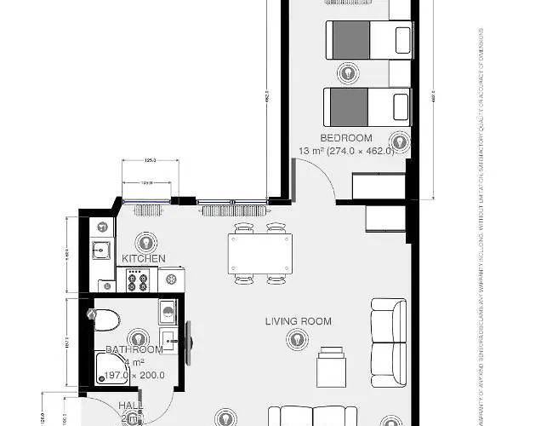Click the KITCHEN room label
coord(144,258)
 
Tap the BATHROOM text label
coord(134,349)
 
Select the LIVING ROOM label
coord(298,321)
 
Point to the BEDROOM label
coord(346,138)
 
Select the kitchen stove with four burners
coord(138,280)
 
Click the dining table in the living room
coord(259,253)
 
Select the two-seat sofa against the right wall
coord(388,331)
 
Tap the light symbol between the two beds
coord(346,72)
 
